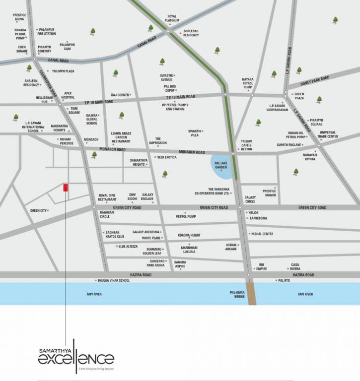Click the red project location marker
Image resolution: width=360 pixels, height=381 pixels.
tap(65, 188)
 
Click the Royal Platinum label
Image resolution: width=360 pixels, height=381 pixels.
tap(172, 18)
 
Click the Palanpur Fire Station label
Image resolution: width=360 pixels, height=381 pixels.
tap(46, 31)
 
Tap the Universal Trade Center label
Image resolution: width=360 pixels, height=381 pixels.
tap(328, 134)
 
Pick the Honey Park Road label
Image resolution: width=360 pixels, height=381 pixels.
tap(315, 78)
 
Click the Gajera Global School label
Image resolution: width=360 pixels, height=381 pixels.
tap(92, 119)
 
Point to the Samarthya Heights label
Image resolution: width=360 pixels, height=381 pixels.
tap(138, 162)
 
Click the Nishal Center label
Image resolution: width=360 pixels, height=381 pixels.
tap(262, 234)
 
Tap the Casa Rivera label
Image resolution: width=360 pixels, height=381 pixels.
tap(295, 266)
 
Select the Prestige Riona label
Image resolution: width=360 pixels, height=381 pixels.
tap(20, 17)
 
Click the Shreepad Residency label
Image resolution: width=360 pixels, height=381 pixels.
tap(191, 33)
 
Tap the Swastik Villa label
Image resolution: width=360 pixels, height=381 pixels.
tap(194, 132)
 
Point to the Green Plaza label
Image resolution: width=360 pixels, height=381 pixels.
tap(299, 96)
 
